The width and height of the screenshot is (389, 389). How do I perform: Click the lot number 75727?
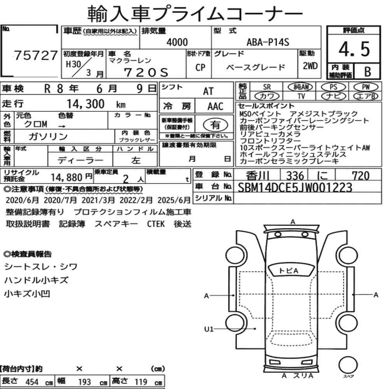36,55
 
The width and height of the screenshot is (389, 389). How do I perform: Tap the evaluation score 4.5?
354,49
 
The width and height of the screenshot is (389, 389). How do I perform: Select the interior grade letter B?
368,72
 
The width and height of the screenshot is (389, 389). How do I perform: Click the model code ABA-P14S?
268,42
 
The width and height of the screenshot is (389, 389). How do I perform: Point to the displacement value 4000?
177,42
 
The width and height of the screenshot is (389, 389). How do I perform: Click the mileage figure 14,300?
86,104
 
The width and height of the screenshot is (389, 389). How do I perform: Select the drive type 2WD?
310,66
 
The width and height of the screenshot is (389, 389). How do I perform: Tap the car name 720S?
146,72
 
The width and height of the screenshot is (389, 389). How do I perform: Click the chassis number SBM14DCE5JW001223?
295,187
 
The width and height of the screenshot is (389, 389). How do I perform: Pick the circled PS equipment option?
333,87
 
